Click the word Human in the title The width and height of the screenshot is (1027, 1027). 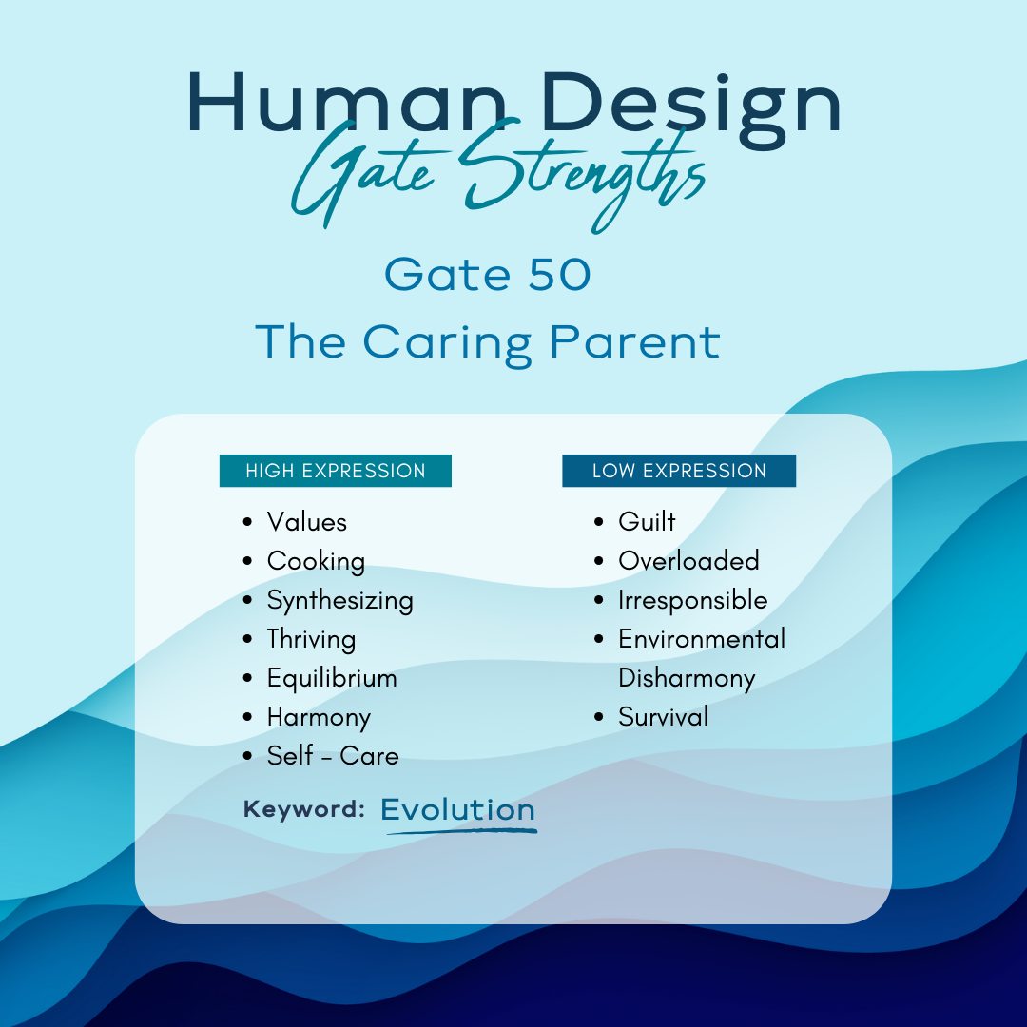click(346, 103)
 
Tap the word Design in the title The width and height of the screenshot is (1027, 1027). click(691, 109)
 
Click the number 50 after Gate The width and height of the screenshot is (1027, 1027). click(559, 274)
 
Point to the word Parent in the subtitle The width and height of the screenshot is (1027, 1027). click(634, 343)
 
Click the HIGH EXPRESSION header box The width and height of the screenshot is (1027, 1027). click(336, 471)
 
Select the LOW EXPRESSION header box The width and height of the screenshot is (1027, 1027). click(679, 471)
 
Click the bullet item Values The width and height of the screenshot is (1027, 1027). click(306, 522)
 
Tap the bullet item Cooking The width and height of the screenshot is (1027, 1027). click(316, 562)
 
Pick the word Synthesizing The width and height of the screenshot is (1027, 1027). click(339, 601)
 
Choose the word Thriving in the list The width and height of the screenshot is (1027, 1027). click(311, 640)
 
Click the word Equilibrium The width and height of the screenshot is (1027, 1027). click(332, 679)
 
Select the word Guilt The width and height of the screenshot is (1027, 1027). click(647, 521)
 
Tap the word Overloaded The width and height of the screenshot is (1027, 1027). click(688, 561)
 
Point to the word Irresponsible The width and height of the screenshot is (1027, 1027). click(693, 601)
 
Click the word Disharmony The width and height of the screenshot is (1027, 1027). click(687, 679)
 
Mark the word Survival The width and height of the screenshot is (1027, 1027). click(664, 717)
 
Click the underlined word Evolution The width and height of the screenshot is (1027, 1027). click(457, 809)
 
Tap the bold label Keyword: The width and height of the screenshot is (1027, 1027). click(304, 809)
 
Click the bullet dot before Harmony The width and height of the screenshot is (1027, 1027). click(247, 717)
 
